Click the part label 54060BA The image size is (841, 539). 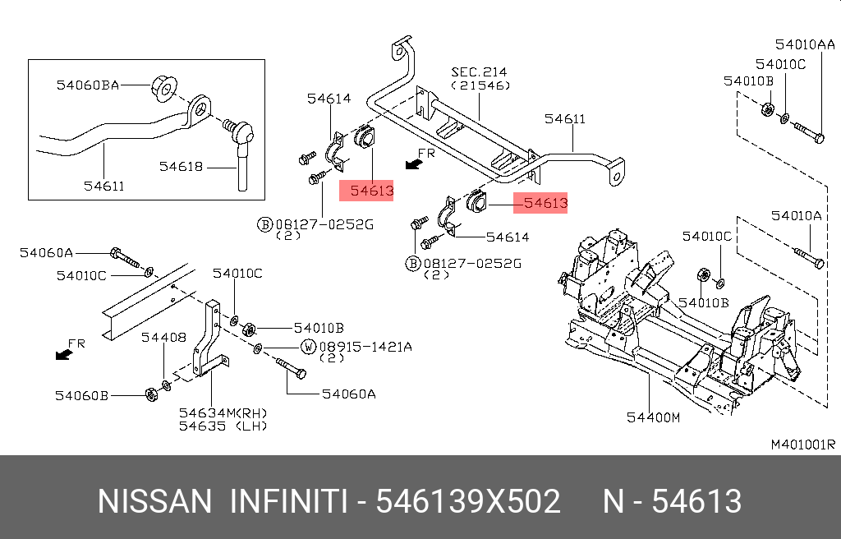(88, 84)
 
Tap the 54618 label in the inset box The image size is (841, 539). (181, 166)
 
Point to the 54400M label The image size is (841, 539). (654, 417)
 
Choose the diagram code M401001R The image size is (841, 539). (802, 445)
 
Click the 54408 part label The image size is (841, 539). (163, 337)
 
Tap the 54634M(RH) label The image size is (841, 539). (223, 412)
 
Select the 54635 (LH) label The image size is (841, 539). (223, 426)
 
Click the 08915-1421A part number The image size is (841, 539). (365, 347)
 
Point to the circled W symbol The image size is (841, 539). (309, 347)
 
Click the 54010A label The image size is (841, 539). (796, 216)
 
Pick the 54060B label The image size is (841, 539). (82, 395)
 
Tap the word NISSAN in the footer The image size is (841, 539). (154, 500)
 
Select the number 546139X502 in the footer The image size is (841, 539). (468, 500)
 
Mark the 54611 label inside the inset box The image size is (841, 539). (104, 186)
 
